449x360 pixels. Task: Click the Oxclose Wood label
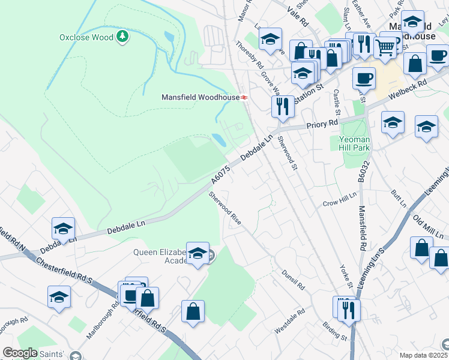tap(86, 37)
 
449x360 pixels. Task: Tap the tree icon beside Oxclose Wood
tap(122, 37)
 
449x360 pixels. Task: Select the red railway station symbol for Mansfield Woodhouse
tap(244, 97)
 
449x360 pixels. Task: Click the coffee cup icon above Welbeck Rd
tap(364, 78)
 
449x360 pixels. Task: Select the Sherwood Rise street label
tap(225, 208)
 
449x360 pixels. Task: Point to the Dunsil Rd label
tap(293, 280)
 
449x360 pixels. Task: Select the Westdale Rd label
tap(289, 322)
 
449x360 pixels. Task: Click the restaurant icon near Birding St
tap(348, 310)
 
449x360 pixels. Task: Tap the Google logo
tap(20, 353)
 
